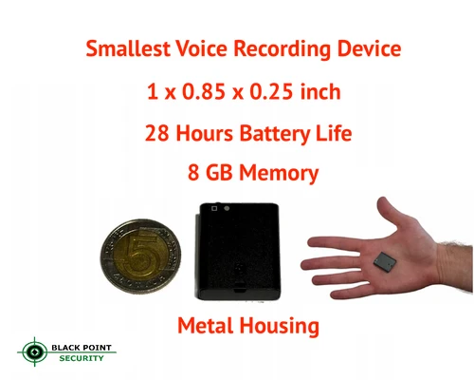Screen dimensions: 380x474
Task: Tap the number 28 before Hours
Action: (158, 134)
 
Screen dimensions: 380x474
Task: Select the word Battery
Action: (267, 134)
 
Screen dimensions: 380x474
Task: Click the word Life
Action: (333, 134)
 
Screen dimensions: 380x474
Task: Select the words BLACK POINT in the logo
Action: (84, 348)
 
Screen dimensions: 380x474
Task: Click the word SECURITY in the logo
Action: (84, 360)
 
